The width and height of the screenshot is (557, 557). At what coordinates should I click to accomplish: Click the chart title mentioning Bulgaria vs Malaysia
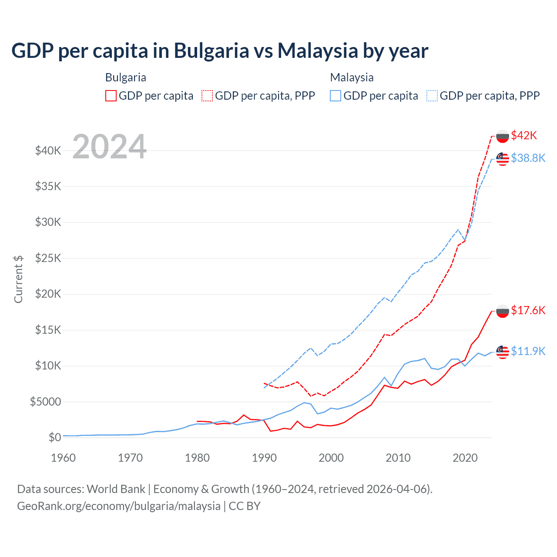(220, 51)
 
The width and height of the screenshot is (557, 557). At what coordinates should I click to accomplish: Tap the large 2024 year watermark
(109, 147)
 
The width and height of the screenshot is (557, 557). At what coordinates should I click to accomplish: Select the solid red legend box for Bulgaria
(111, 96)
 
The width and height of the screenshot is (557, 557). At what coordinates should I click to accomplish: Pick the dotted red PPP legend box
(208, 96)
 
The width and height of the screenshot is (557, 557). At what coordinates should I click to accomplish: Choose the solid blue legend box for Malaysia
(336, 96)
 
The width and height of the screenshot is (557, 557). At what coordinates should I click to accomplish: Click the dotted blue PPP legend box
(432, 96)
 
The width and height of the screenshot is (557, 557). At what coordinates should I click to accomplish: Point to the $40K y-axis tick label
(48, 151)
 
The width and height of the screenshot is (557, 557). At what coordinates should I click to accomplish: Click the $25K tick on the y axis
(48, 258)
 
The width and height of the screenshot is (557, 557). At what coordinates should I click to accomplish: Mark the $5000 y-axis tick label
(46, 402)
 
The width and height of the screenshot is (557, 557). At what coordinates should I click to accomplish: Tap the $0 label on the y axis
(54, 437)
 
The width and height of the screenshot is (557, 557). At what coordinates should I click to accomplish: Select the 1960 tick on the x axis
(64, 458)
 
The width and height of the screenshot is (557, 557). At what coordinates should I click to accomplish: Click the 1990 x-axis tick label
(264, 458)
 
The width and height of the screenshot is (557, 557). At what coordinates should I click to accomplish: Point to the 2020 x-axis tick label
(465, 458)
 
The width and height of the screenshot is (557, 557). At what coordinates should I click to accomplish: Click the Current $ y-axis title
(18, 279)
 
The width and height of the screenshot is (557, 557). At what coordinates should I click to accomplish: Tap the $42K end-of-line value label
(524, 136)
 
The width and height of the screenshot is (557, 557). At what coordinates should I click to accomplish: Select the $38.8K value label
(528, 158)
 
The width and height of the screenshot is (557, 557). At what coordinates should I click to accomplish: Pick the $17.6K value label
(528, 310)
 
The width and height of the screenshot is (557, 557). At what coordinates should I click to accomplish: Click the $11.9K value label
(528, 351)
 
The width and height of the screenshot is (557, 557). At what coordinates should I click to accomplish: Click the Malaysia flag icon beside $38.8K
(503, 159)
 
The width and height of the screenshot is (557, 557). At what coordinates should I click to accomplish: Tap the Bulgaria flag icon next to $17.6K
(503, 311)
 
